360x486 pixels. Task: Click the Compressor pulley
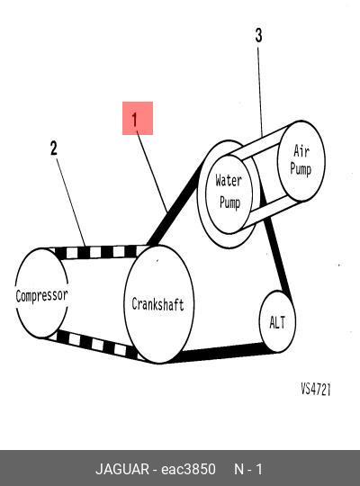pyautogui.click(x=41, y=292)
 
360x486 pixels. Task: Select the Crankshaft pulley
pyautogui.click(x=158, y=304)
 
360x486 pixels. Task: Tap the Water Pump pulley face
pyautogui.click(x=229, y=194)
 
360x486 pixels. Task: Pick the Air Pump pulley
pyautogui.click(x=301, y=161)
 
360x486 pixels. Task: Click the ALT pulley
pyautogui.click(x=277, y=321)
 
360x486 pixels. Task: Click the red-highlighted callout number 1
pyautogui.click(x=138, y=119)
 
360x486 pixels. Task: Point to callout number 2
pyautogui.click(x=54, y=148)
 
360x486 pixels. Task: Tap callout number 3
pyautogui.click(x=258, y=35)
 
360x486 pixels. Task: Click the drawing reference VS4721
pyautogui.click(x=316, y=389)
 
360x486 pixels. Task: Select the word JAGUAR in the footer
pyautogui.click(x=122, y=469)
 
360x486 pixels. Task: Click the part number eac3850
pyautogui.click(x=188, y=469)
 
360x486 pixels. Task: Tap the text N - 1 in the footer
pyautogui.click(x=248, y=469)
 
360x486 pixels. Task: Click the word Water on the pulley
pyautogui.click(x=229, y=180)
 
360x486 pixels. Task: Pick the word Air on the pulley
pyautogui.click(x=301, y=151)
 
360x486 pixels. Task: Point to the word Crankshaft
pyautogui.click(x=157, y=304)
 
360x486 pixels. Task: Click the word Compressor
pyautogui.click(x=41, y=296)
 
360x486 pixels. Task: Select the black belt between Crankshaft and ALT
pyautogui.click(x=221, y=354)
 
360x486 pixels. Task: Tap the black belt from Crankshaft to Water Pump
pyautogui.click(x=175, y=204)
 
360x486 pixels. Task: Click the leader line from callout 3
pyautogui.click(x=259, y=92)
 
